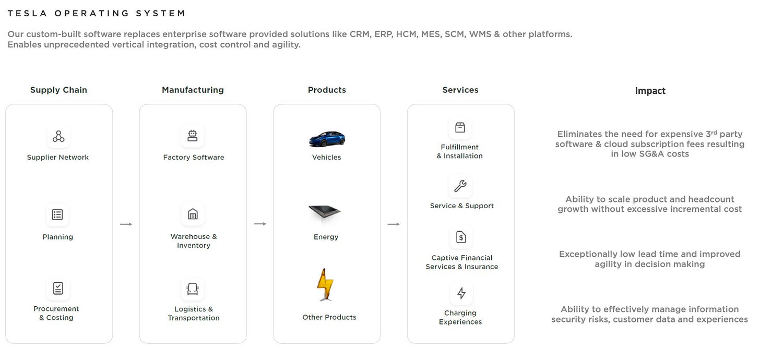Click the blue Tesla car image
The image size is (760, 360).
327,139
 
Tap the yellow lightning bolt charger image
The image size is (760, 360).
325,284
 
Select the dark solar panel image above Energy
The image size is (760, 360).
325,213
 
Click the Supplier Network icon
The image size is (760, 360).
58,137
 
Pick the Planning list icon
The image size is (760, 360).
57,214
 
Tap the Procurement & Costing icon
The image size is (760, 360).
58,288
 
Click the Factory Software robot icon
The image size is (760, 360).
193,136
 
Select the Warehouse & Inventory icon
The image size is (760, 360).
193,214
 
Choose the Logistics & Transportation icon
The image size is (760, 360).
193,289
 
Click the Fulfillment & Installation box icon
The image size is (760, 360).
460,127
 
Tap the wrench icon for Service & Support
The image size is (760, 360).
460,186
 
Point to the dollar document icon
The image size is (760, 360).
461,237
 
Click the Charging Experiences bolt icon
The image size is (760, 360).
461,293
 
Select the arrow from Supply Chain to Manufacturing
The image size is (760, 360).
126,224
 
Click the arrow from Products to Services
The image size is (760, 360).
394,224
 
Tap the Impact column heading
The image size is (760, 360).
650,91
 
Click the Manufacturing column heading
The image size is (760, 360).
193,90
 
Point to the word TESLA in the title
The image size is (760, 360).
27,13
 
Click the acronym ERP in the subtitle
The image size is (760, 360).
384,34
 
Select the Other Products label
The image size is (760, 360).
329,317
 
